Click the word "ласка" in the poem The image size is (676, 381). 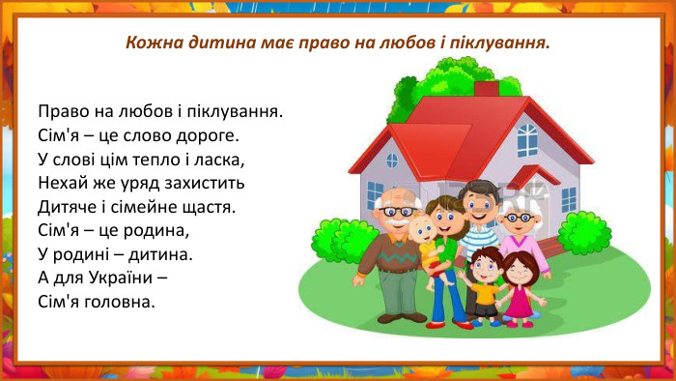point(220,159)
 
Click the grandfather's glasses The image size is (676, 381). point(397,210)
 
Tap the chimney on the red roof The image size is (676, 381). point(486,89)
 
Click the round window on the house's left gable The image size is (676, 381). point(392,160)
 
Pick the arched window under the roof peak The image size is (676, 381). point(526,139)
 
